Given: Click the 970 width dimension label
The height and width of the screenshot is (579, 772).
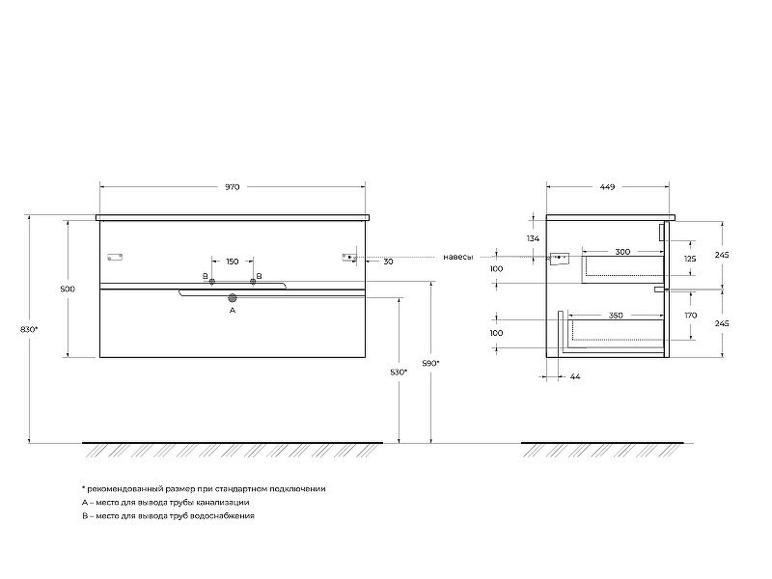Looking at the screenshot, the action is pyautogui.click(x=232, y=187).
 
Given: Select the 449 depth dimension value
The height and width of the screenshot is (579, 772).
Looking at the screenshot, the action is pyautogui.click(x=608, y=187).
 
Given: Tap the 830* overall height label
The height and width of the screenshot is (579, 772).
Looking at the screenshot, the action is pyautogui.click(x=29, y=329).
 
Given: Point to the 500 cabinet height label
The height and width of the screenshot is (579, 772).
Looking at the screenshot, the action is pyautogui.click(x=68, y=289).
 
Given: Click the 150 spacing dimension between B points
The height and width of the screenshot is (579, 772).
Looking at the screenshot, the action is pyautogui.click(x=233, y=262).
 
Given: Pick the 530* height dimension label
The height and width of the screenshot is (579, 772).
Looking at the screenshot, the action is pyautogui.click(x=399, y=372).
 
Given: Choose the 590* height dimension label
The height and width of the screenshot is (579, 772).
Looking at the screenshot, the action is pyautogui.click(x=431, y=364).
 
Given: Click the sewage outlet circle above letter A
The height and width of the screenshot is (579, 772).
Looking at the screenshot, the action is pyautogui.click(x=233, y=298).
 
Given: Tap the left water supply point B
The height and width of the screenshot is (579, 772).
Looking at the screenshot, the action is pyautogui.click(x=211, y=282).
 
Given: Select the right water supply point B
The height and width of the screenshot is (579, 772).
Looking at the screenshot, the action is pyautogui.click(x=253, y=282).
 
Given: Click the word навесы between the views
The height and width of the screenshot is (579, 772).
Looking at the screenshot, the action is pyautogui.click(x=458, y=257).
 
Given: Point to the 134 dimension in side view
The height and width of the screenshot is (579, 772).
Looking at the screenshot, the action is pyautogui.click(x=534, y=238).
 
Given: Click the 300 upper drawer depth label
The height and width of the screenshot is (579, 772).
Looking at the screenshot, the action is pyautogui.click(x=622, y=252).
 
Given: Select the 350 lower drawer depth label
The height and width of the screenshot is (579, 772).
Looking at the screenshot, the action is pyautogui.click(x=616, y=316).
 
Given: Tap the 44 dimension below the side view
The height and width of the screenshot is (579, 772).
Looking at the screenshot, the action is pyautogui.click(x=575, y=376).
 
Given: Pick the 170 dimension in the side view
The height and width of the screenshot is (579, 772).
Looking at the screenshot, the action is pyautogui.click(x=691, y=316).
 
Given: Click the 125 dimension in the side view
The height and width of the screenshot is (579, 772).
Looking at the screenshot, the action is pyautogui.click(x=690, y=259).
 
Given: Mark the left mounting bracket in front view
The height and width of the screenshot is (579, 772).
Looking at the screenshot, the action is pyautogui.click(x=115, y=257).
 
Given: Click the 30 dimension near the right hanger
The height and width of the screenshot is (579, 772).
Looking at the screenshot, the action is pyautogui.click(x=389, y=262).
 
